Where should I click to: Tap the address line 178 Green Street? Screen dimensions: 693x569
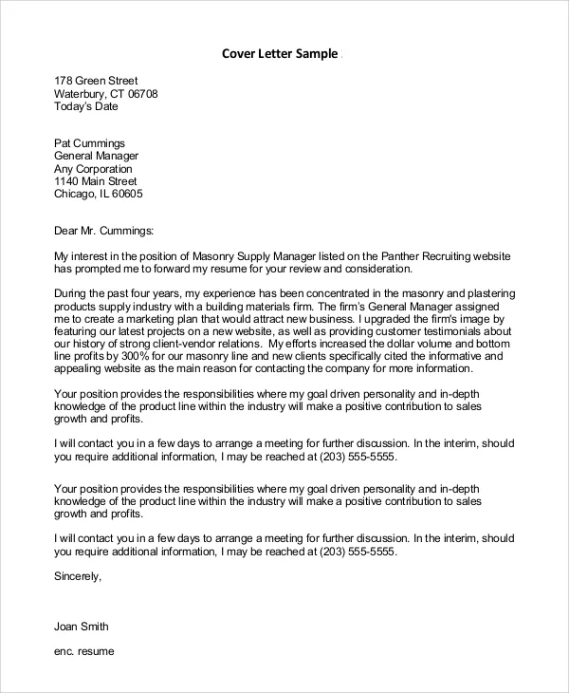pyautogui.click(x=96, y=81)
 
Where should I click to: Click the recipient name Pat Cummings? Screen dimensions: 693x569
pyautogui.click(x=89, y=143)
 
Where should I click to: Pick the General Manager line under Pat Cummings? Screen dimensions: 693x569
pyautogui.click(x=96, y=156)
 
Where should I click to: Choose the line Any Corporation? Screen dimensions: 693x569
pyautogui.click(x=94, y=169)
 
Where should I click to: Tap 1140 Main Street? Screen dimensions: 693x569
pyautogui.click(x=95, y=181)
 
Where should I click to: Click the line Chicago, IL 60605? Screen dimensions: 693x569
pyautogui.click(x=98, y=194)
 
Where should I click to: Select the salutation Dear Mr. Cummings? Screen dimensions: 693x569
pyautogui.click(x=103, y=230)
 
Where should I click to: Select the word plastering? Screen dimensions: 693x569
pyautogui.click(x=478, y=293)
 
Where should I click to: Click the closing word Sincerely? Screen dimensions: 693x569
pyautogui.click(x=77, y=575)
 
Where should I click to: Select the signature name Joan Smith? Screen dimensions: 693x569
pyautogui.click(x=82, y=627)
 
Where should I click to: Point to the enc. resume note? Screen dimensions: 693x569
pyautogui.click(x=83, y=652)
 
